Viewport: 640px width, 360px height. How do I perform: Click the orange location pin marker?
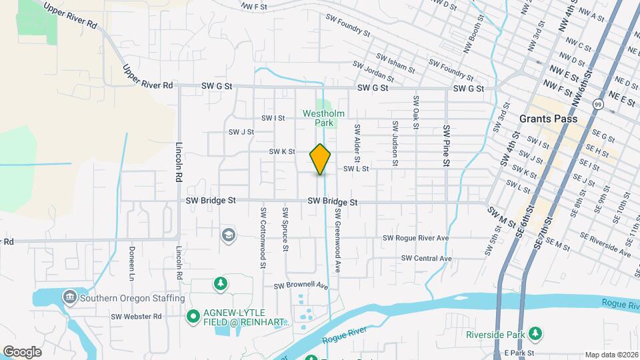320,159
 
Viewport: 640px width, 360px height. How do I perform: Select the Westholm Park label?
324,118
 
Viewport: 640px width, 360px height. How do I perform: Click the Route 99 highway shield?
598,105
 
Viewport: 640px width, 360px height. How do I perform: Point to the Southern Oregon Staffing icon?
69,297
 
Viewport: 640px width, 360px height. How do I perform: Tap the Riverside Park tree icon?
535,333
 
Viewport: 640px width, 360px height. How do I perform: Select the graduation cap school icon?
228,235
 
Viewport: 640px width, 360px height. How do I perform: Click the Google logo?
22,351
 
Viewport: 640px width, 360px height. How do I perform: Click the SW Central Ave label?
427,258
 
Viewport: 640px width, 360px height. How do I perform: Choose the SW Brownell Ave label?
302,285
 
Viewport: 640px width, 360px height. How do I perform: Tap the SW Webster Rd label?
137,316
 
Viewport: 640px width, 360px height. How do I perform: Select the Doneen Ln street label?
131,263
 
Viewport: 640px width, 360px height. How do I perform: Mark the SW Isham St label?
396,64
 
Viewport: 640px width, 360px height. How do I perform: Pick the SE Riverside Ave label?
605,245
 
